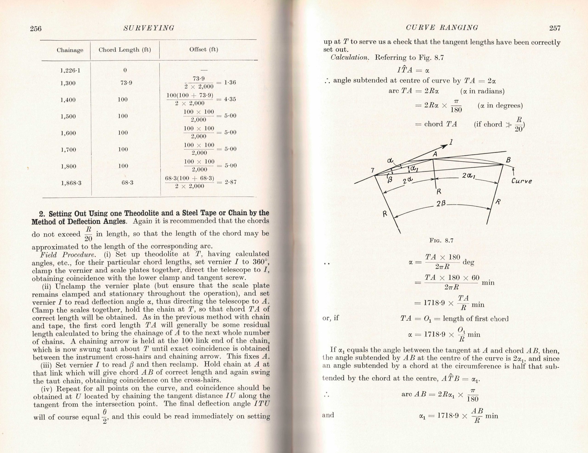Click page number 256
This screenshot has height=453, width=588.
(x=36, y=28)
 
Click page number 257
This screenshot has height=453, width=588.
(x=555, y=28)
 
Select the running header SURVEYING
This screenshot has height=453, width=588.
(x=149, y=28)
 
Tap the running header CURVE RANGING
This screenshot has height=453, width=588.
(x=442, y=28)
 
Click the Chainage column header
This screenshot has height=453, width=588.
(x=70, y=50)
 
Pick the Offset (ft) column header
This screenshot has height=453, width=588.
(x=204, y=50)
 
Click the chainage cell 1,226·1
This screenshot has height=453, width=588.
(x=70, y=70)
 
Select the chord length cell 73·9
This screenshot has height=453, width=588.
(x=126, y=83)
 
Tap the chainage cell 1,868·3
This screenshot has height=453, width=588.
(x=71, y=183)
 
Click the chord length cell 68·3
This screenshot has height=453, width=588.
(x=127, y=183)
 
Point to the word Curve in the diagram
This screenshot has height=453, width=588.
(x=521, y=181)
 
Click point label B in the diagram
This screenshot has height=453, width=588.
(x=508, y=160)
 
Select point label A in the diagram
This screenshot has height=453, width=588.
(x=435, y=154)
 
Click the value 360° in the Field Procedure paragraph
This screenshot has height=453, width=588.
(x=261, y=262)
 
